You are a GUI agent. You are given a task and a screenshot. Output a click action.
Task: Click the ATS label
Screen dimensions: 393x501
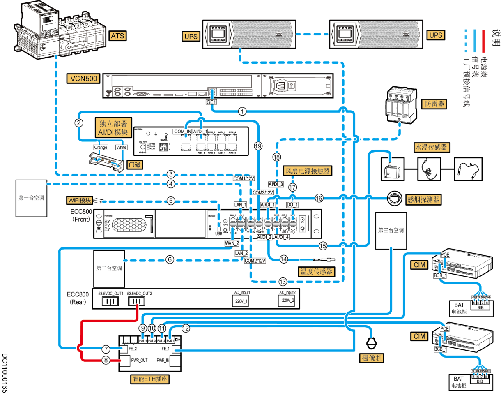click(x=117, y=36)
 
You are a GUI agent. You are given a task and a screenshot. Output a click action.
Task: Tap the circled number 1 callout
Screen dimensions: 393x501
click(x=243, y=111)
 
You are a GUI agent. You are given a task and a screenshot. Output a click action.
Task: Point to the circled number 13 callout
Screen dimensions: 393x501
click(x=282, y=282)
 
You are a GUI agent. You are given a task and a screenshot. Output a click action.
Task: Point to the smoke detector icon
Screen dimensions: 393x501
click(x=394, y=198)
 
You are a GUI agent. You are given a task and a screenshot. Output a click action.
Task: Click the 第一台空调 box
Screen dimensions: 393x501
click(x=31, y=198)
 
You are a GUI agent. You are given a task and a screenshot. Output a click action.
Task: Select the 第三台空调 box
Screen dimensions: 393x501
click(x=391, y=231)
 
